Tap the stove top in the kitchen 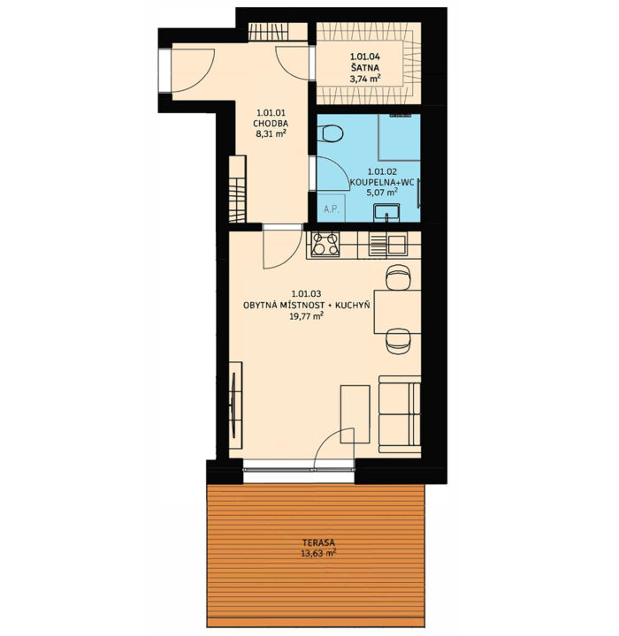[325, 244]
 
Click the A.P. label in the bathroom [332, 209]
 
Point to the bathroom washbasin [386, 213]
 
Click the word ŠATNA [364, 67]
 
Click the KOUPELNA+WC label [382, 182]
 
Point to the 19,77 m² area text [306, 316]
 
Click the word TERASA [318, 542]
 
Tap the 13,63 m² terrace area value [318, 553]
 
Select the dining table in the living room [397, 312]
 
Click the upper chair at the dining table [398, 277]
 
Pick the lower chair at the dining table [398, 341]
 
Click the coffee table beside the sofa [355, 414]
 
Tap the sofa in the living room [400, 413]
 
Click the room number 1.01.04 [364, 57]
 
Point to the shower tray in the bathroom [400, 138]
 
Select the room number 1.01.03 [306, 293]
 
